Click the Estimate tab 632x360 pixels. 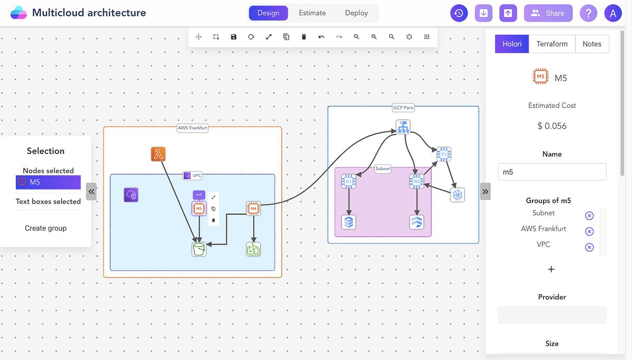point(312,13)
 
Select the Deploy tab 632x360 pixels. point(357,13)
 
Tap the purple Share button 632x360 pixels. point(548,13)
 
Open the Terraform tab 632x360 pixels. point(552,44)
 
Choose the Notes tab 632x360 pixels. point(592,44)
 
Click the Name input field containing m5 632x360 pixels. point(552,172)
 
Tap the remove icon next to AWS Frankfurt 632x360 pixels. point(589,232)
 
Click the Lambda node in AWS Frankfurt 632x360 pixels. point(159,154)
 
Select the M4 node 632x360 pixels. point(254,209)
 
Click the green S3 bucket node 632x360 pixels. point(199,249)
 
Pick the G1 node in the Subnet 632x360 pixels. point(348,182)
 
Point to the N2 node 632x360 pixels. point(417,182)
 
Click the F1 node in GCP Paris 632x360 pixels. point(444,154)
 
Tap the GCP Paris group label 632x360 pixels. point(403,107)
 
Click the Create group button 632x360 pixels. point(46,228)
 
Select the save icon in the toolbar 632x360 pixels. point(234,37)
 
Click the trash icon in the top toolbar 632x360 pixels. point(304,37)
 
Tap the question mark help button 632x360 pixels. point(588,13)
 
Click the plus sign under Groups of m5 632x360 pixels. point(551,269)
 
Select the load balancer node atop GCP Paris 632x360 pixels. point(403,126)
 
